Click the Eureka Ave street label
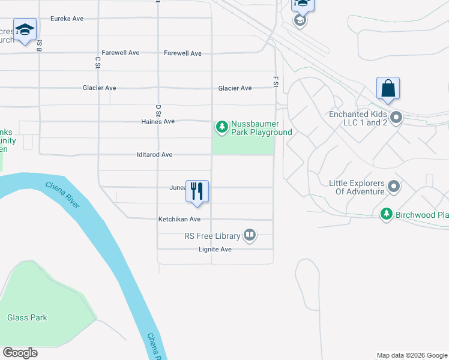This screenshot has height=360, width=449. pos(67,19)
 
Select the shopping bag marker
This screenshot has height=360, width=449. pos(388,89)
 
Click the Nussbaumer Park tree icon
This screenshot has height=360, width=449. pos(222,126)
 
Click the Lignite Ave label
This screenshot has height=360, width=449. pos(215,249)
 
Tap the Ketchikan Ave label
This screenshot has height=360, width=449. pos(179,219)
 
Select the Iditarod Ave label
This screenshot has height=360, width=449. pos(154,155)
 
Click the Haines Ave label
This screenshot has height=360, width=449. pos(158,121)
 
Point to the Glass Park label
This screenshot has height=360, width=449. pos(27,317)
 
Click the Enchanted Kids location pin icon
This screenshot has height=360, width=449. pos(396,118)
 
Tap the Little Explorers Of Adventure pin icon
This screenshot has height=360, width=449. pos(394,187)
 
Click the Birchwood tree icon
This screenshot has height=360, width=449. pos(387,214)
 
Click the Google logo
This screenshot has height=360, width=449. pos(20,353)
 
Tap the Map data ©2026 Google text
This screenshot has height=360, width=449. pos(412,355)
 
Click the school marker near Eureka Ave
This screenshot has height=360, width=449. pos(25,30)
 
